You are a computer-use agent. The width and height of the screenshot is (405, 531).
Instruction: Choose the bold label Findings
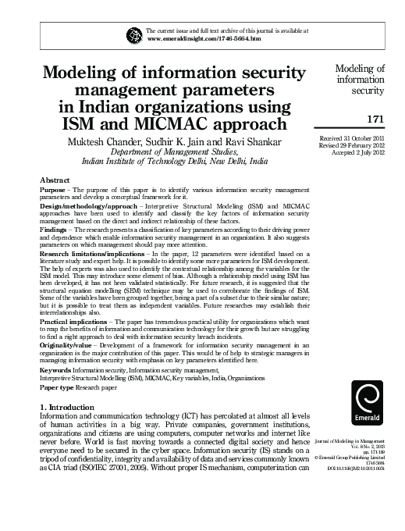pyautogui.click(x=55, y=232)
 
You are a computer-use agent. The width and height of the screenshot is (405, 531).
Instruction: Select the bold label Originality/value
pyautogui.click(x=66, y=347)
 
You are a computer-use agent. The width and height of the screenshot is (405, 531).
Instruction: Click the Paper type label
pyautogui.click(x=57, y=387)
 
